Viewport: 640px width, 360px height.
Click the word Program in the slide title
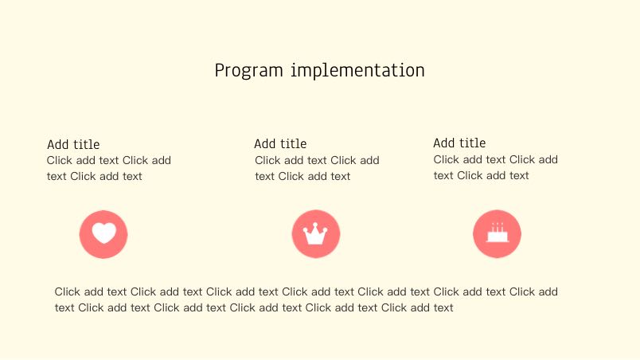point(248,71)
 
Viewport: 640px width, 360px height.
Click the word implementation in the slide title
point(357,70)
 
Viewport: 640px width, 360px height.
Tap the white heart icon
point(103,233)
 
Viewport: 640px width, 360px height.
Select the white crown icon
point(315,233)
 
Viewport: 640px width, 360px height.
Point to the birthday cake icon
point(498,233)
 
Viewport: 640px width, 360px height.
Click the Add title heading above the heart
point(73,144)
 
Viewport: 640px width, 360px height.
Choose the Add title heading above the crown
point(280,143)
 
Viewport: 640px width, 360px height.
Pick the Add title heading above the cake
point(459,143)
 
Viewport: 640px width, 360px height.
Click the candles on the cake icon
point(498,227)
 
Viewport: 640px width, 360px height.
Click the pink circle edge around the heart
point(81,234)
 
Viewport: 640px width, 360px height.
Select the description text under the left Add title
point(108,168)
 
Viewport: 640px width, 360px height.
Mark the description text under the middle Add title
point(317,168)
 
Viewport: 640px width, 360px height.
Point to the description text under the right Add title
point(495,167)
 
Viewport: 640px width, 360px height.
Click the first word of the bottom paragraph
point(68,292)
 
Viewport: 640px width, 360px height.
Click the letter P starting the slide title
point(220,70)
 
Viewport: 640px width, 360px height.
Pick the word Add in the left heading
point(57,144)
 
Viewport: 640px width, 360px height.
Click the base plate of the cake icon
point(498,241)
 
